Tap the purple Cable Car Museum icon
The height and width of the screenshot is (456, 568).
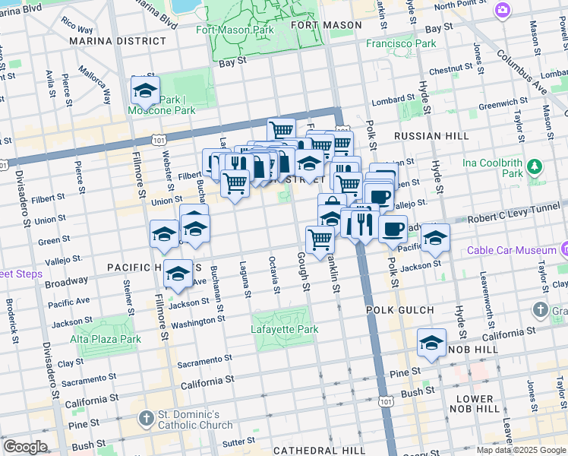tap(563, 249)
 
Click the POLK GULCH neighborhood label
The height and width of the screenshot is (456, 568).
tap(400, 310)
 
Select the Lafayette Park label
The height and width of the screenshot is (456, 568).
tap(285, 329)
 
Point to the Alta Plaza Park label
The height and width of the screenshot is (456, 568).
tap(106, 339)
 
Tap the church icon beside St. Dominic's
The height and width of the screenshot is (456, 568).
tap(147, 419)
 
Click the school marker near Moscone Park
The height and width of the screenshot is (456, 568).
tap(145, 91)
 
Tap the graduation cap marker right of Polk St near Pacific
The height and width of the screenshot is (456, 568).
tap(435, 238)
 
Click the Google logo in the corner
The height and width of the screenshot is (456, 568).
tap(25, 447)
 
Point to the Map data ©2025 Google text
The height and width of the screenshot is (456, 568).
tap(521, 450)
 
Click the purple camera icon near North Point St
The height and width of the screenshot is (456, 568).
tap(502, 10)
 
